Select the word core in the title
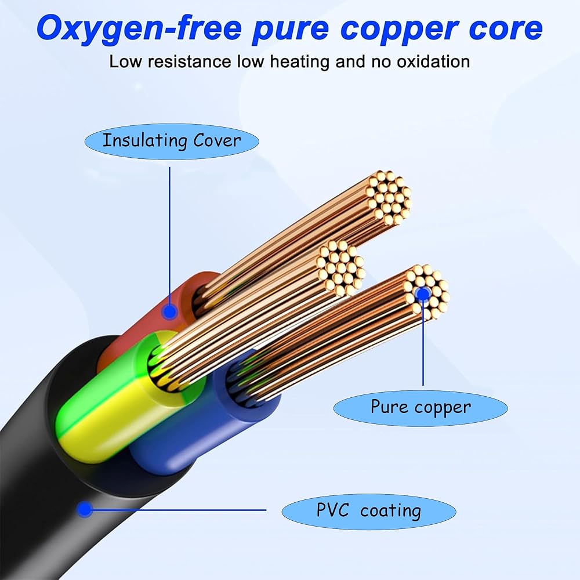506,28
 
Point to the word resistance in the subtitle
190,61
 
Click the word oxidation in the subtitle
433,61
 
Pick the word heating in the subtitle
299,62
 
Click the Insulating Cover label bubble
172,142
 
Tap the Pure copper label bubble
420,408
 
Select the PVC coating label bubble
369,512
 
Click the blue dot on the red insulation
170,312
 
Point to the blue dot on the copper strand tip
423,294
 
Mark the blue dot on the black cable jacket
85,509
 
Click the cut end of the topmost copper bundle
389,198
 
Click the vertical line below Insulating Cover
170,236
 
